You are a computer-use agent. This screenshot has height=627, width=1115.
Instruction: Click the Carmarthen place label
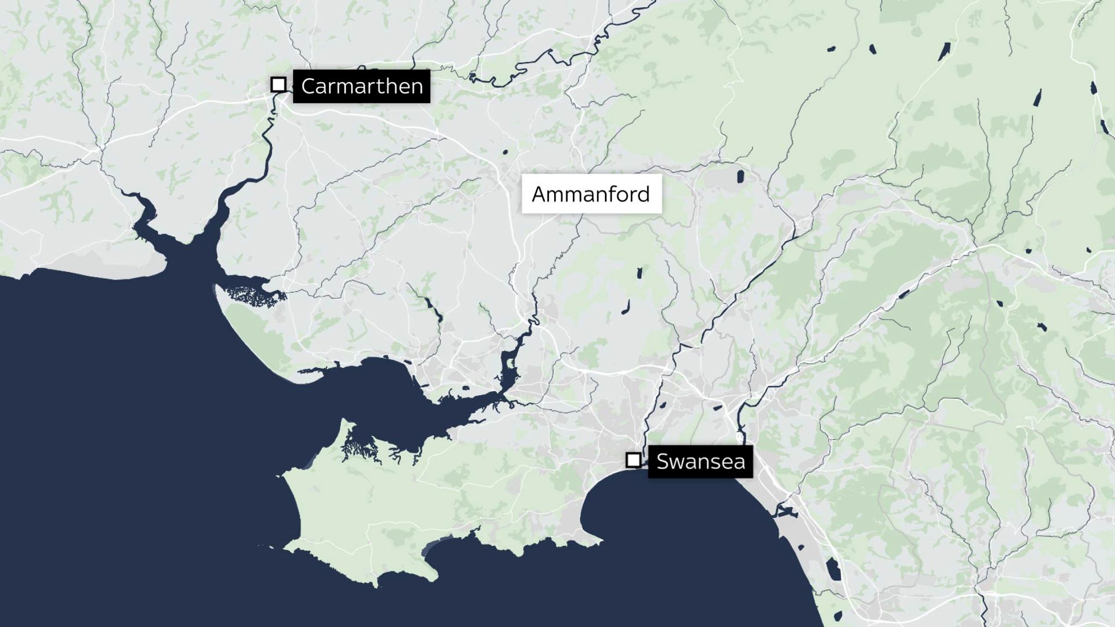click(362, 86)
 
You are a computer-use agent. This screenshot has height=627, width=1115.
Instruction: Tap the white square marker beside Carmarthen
click(278, 84)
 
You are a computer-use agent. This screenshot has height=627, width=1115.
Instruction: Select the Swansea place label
click(700, 462)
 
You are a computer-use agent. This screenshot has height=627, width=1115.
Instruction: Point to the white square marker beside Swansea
click(633, 460)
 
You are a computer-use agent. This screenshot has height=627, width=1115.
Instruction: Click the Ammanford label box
click(592, 194)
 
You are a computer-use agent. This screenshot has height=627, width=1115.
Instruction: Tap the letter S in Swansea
click(663, 462)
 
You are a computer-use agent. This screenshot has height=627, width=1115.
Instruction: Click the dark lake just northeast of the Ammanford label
click(740, 176)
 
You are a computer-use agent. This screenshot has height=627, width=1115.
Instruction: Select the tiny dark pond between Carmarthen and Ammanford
click(505, 152)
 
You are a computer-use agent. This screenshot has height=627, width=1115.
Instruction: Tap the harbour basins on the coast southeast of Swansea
click(787, 512)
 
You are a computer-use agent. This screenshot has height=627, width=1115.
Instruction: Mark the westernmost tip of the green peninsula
click(281, 477)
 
